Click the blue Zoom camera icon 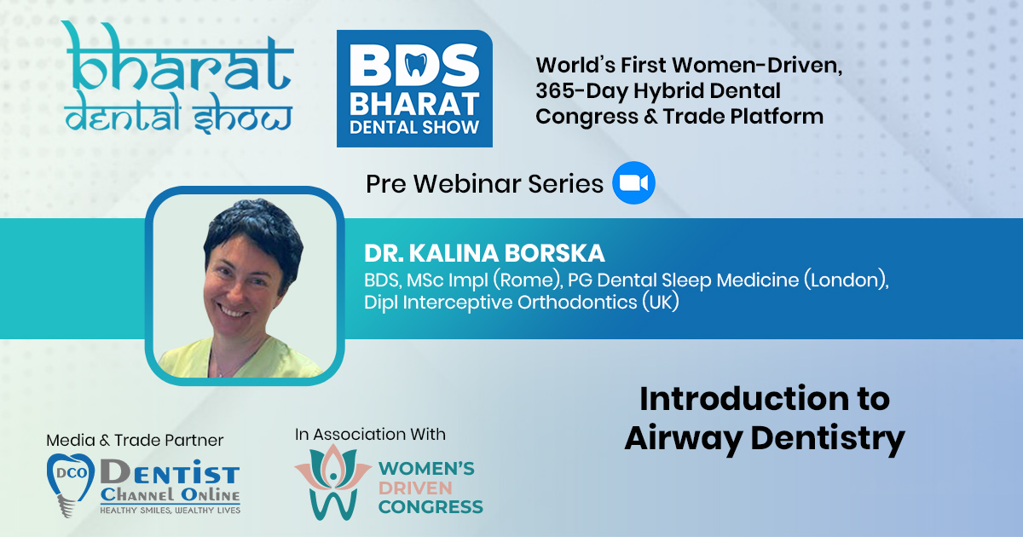pyautogui.click(x=633, y=182)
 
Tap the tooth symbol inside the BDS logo pyautogui.click(x=416, y=65)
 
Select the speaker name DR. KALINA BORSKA pyautogui.click(x=484, y=253)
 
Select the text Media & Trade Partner pyautogui.click(x=135, y=440)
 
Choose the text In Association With pyautogui.click(x=370, y=434)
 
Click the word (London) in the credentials pyautogui.click(x=847, y=280)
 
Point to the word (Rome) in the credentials pyautogui.click(x=528, y=280)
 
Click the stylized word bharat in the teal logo pyautogui.click(x=179, y=57)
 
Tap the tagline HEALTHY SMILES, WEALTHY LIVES pyautogui.click(x=170, y=510)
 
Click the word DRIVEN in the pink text pyautogui.click(x=415, y=488)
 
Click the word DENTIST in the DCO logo pyautogui.click(x=170, y=472)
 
